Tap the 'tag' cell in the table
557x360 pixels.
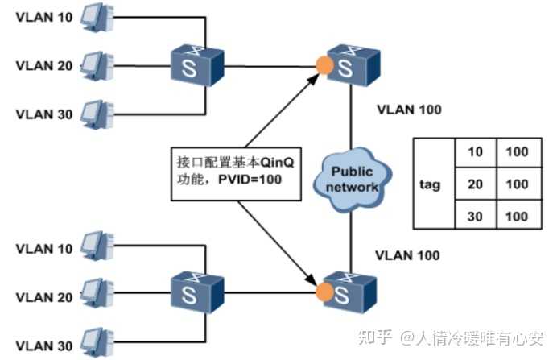click(430, 184)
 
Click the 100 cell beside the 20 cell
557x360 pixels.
click(517, 184)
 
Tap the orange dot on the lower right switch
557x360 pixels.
click(324, 288)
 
